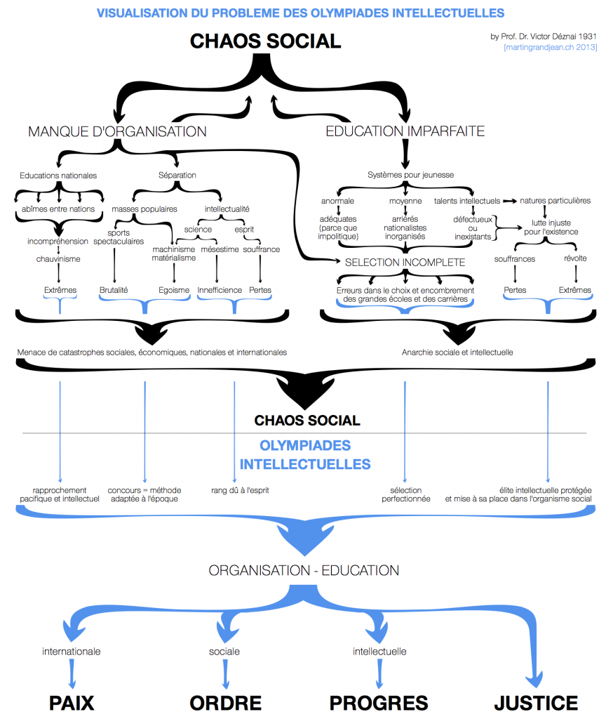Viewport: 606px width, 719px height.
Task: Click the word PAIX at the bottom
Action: pyautogui.click(x=71, y=703)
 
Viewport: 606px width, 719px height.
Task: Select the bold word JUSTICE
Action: pyautogui.click(x=536, y=703)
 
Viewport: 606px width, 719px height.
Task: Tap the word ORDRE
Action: pyautogui.click(x=225, y=703)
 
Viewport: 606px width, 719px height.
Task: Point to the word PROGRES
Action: pyautogui.click(x=379, y=703)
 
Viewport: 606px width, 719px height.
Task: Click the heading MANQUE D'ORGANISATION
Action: pyautogui.click(x=117, y=131)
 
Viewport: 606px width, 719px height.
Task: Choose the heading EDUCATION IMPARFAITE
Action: pyautogui.click(x=405, y=131)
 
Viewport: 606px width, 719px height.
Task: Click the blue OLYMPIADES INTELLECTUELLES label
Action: pyautogui.click(x=305, y=455)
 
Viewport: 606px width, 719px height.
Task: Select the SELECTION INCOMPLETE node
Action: pyautogui.click(x=405, y=262)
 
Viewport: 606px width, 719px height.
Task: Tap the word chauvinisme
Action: pyautogui.click(x=59, y=259)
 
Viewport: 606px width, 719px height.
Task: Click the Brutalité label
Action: pyautogui.click(x=114, y=290)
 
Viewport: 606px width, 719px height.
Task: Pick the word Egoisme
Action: pyautogui.click(x=173, y=290)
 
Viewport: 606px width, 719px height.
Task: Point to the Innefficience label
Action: pyautogui.click(x=220, y=290)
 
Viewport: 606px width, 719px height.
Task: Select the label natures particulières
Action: pyautogui.click(x=555, y=201)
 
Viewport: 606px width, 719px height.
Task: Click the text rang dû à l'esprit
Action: pyautogui.click(x=241, y=490)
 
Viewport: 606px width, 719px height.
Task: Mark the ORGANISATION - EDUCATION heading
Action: pyautogui.click(x=304, y=570)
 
